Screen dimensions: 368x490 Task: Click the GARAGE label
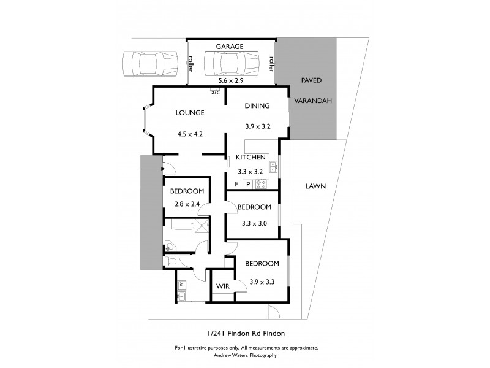[230, 46]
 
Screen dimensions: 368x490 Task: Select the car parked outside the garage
[145, 62]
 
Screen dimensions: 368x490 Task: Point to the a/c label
[216, 93]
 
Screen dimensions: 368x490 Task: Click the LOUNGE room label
[190, 113]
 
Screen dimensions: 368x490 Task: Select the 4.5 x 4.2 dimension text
[190, 134]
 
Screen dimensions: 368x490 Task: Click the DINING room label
[257, 106]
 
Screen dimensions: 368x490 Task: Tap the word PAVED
[312, 80]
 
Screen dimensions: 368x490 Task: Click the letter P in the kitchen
[248, 184]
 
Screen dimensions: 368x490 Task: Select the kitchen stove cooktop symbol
[261, 184]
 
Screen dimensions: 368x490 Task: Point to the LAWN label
[315, 186]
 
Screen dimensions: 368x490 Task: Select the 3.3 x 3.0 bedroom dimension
[254, 223]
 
